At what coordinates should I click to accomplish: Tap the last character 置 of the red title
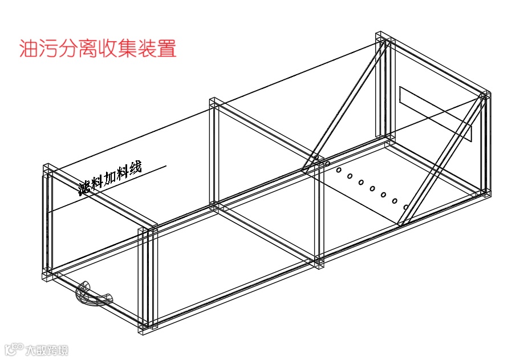[x=166, y=48]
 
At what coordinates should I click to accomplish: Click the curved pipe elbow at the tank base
[x=94, y=294]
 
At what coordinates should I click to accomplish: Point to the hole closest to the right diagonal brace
[x=405, y=207]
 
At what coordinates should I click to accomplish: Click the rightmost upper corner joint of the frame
[x=485, y=96]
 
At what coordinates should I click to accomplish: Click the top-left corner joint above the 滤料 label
[x=48, y=169]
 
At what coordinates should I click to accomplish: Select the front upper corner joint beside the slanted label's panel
[x=149, y=230]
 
